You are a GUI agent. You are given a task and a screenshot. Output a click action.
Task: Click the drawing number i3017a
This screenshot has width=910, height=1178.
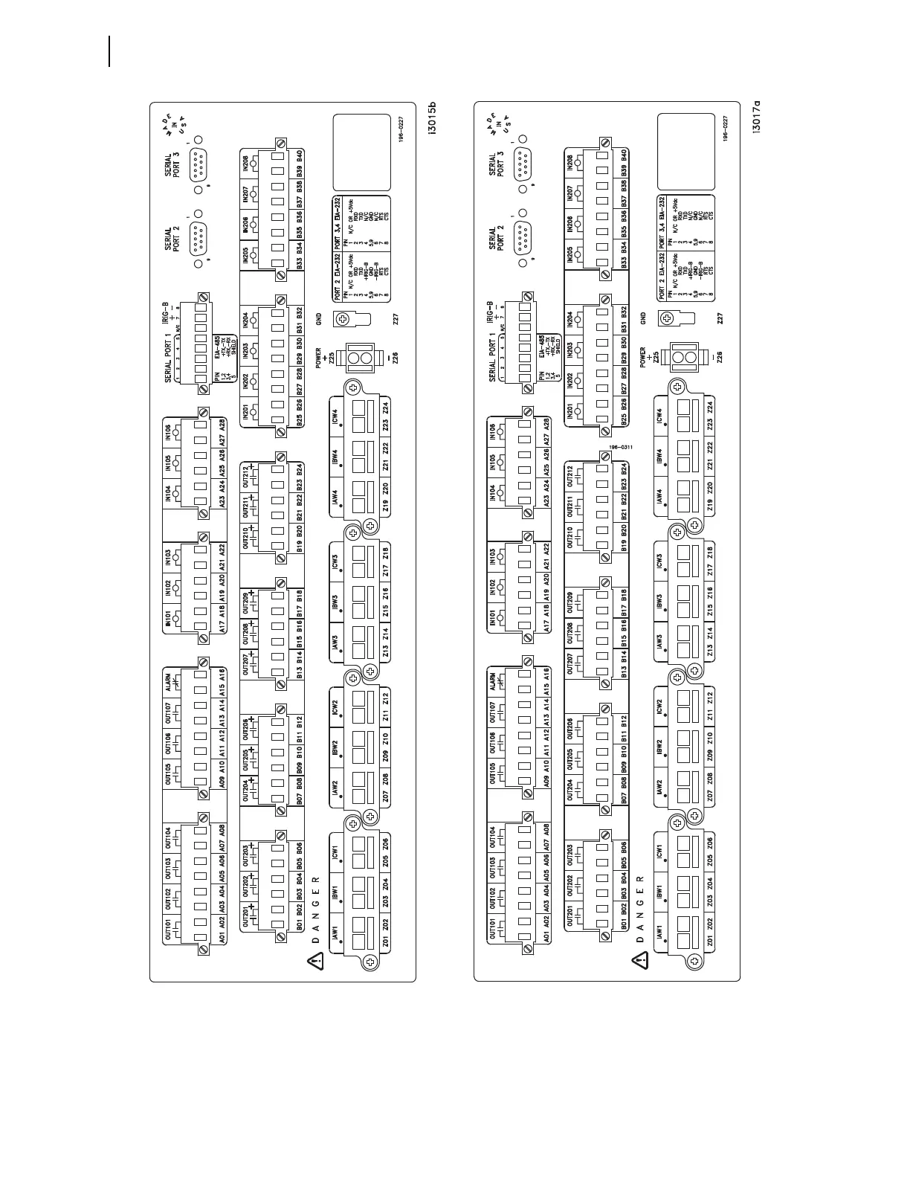click(x=757, y=118)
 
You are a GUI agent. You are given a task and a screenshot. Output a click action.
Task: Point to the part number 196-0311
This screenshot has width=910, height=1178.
click(x=619, y=448)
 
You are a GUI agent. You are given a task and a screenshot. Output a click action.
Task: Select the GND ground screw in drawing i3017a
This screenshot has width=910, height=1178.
click(x=669, y=321)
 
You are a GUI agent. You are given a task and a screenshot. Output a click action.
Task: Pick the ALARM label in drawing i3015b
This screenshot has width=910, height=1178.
click(x=170, y=683)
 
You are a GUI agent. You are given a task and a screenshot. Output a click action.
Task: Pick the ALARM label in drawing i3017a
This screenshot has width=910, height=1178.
click(x=493, y=683)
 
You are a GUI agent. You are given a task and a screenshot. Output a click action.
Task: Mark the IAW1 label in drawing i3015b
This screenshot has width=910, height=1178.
click(x=335, y=931)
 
